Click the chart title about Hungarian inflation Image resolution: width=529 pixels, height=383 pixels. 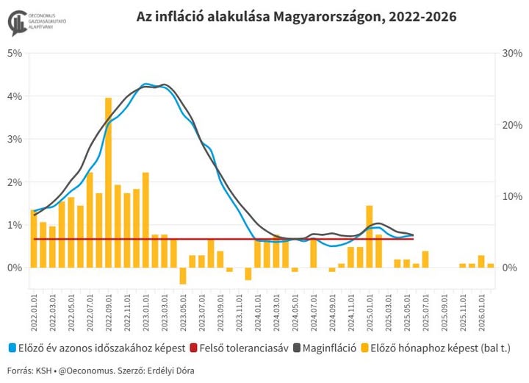coord(296,16)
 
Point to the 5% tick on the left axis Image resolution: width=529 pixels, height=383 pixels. coord(15,53)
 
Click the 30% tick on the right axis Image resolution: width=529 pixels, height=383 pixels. coord(511,53)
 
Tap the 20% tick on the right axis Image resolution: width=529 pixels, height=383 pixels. coord(511,124)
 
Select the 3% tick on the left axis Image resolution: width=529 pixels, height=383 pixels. coord(15,139)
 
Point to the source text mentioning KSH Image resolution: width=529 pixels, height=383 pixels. coord(29,371)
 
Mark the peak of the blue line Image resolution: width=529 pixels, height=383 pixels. coord(147,84)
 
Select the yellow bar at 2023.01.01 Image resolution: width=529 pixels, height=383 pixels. coord(145,220)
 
